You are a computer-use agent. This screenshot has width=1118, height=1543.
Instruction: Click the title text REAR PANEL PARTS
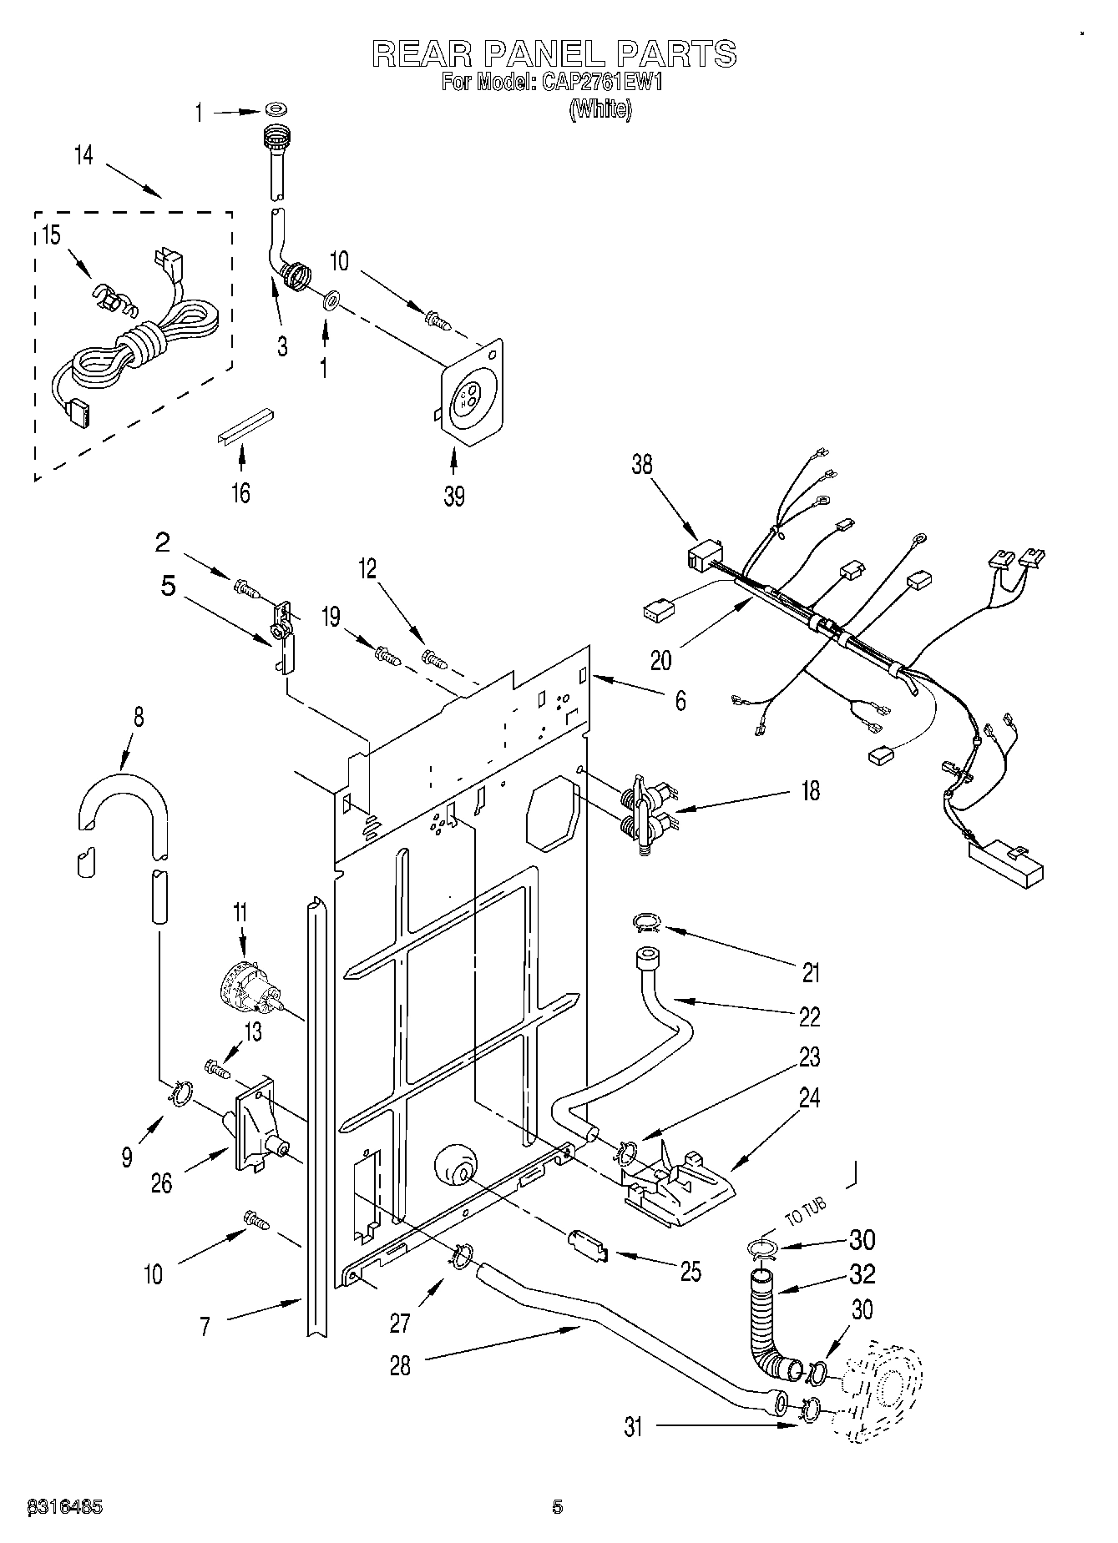click(x=554, y=53)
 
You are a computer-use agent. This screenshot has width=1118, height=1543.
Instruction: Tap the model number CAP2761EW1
click(x=597, y=83)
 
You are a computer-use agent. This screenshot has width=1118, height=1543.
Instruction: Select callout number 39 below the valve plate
click(x=453, y=496)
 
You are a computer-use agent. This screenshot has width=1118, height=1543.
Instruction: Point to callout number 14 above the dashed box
click(x=83, y=156)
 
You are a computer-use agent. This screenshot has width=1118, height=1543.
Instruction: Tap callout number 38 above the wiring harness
click(x=641, y=464)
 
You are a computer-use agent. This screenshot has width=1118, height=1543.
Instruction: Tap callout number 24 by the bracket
click(x=809, y=1098)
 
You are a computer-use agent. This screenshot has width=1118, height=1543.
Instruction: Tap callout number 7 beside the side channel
click(x=205, y=1328)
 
